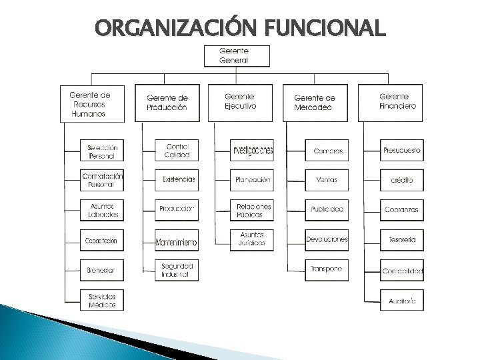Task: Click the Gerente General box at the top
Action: tap(237, 55)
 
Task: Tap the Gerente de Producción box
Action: tap(167, 103)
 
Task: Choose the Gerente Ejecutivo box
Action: tap(241, 103)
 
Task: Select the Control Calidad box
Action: tap(177, 151)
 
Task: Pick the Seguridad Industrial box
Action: tap(177, 269)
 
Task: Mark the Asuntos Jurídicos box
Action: tap(252, 239)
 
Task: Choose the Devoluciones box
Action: tap(327, 239)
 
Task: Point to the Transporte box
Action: tap(327, 269)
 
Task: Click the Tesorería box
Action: tap(402, 239)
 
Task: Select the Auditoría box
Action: tap(402, 301)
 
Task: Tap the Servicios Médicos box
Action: tap(101, 300)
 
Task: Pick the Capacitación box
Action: tap(101, 240)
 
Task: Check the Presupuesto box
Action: tap(402, 151)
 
